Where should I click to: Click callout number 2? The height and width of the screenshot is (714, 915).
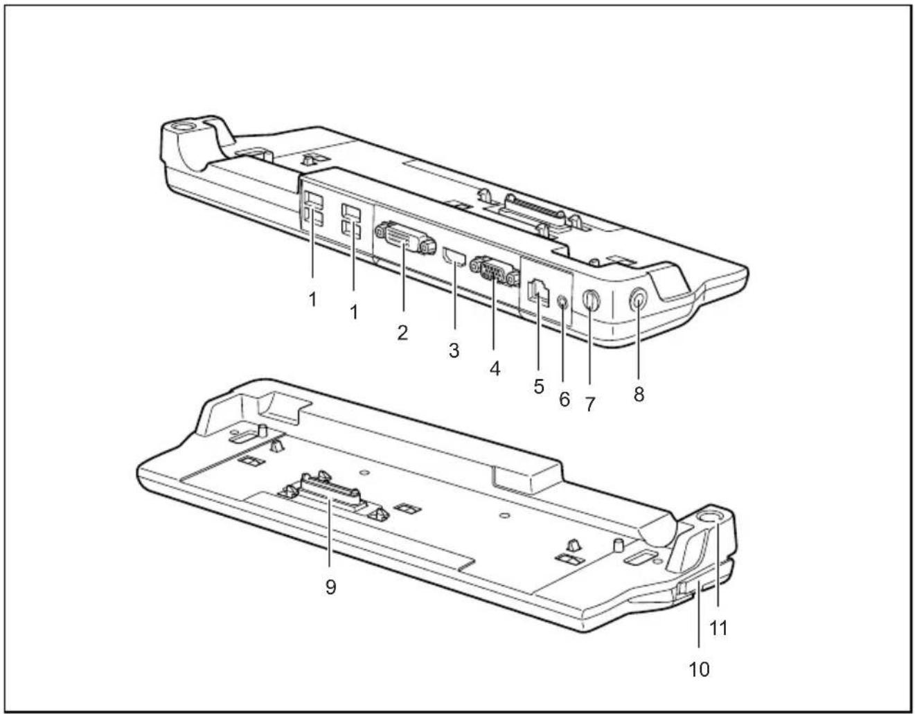tap(402, 333)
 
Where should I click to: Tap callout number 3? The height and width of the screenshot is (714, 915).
tap(454, 350)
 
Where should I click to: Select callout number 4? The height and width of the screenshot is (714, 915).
tap(495, 369)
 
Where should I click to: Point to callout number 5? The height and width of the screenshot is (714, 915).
tap(539, 386)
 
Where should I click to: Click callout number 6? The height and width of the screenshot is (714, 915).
tap(565, 399)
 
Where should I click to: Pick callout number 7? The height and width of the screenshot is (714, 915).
tap(590, 404)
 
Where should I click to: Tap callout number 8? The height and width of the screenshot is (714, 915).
tap(639, 394)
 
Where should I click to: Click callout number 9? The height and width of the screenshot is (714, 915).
tap(331, 587)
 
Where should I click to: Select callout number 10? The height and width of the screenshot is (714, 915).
tap(699, 668)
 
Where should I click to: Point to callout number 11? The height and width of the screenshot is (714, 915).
tap(719, 629)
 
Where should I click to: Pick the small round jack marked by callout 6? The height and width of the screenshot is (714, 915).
tap(562, 301)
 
